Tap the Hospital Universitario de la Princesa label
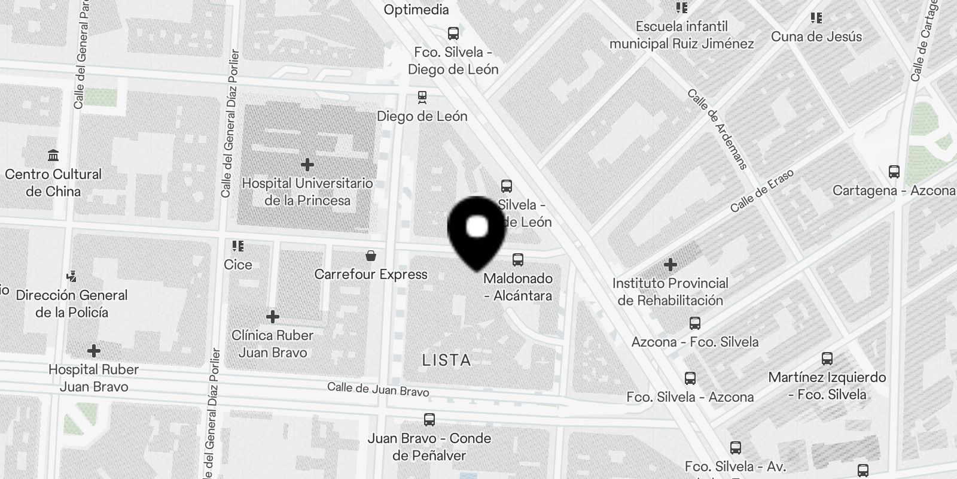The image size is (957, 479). coord(307,192)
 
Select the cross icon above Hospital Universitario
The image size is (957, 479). coord(307,164)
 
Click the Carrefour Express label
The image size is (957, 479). coord(371,274)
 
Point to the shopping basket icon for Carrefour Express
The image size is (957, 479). coord(371,256)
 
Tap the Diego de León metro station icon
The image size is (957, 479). coord(422,97)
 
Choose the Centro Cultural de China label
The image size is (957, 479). coord(53,183)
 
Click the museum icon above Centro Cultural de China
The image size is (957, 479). coord(53,155)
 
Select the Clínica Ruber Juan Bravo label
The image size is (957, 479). coord(273,344)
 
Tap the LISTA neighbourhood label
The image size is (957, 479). coord(447,360)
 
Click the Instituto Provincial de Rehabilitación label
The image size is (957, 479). coord(670,292)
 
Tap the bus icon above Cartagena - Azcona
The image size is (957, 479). coord(894,172)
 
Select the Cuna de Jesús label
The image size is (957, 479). coord(816,37)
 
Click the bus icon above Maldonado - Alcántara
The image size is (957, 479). coord(518,260)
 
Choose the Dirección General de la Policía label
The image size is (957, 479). coord(72,304)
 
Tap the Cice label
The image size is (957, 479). coord(238,265)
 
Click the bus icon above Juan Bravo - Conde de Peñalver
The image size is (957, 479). coord(429,419)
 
